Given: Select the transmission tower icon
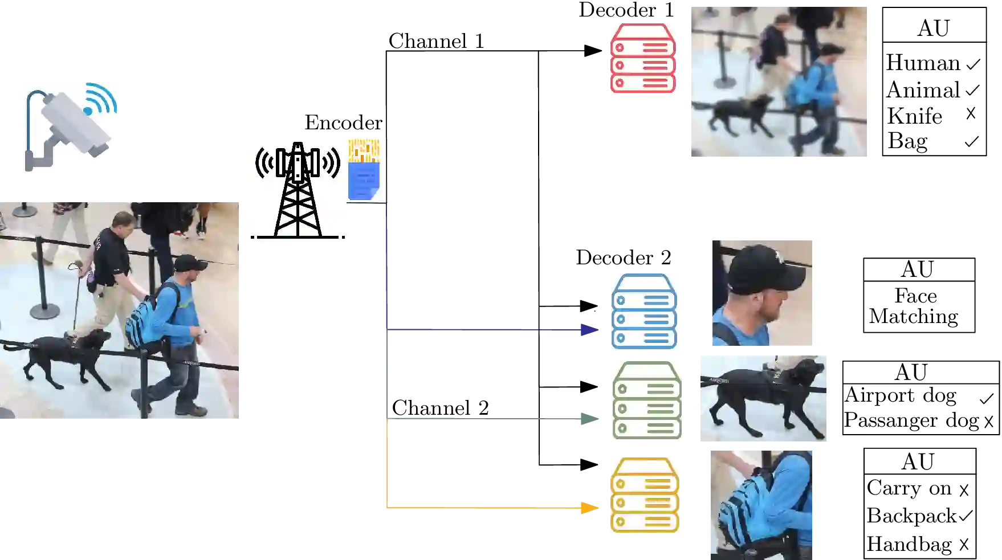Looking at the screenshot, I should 298,190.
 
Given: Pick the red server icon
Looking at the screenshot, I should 643,59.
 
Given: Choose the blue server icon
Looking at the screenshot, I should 644,312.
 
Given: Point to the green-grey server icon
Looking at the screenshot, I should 646,401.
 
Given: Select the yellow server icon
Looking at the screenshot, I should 645,495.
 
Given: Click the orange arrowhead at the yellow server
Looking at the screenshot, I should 589,507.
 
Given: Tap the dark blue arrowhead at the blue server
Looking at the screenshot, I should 589,330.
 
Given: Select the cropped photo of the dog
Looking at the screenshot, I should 763,398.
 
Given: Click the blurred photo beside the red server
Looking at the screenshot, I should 779,82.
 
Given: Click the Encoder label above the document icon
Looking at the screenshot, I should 342,123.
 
